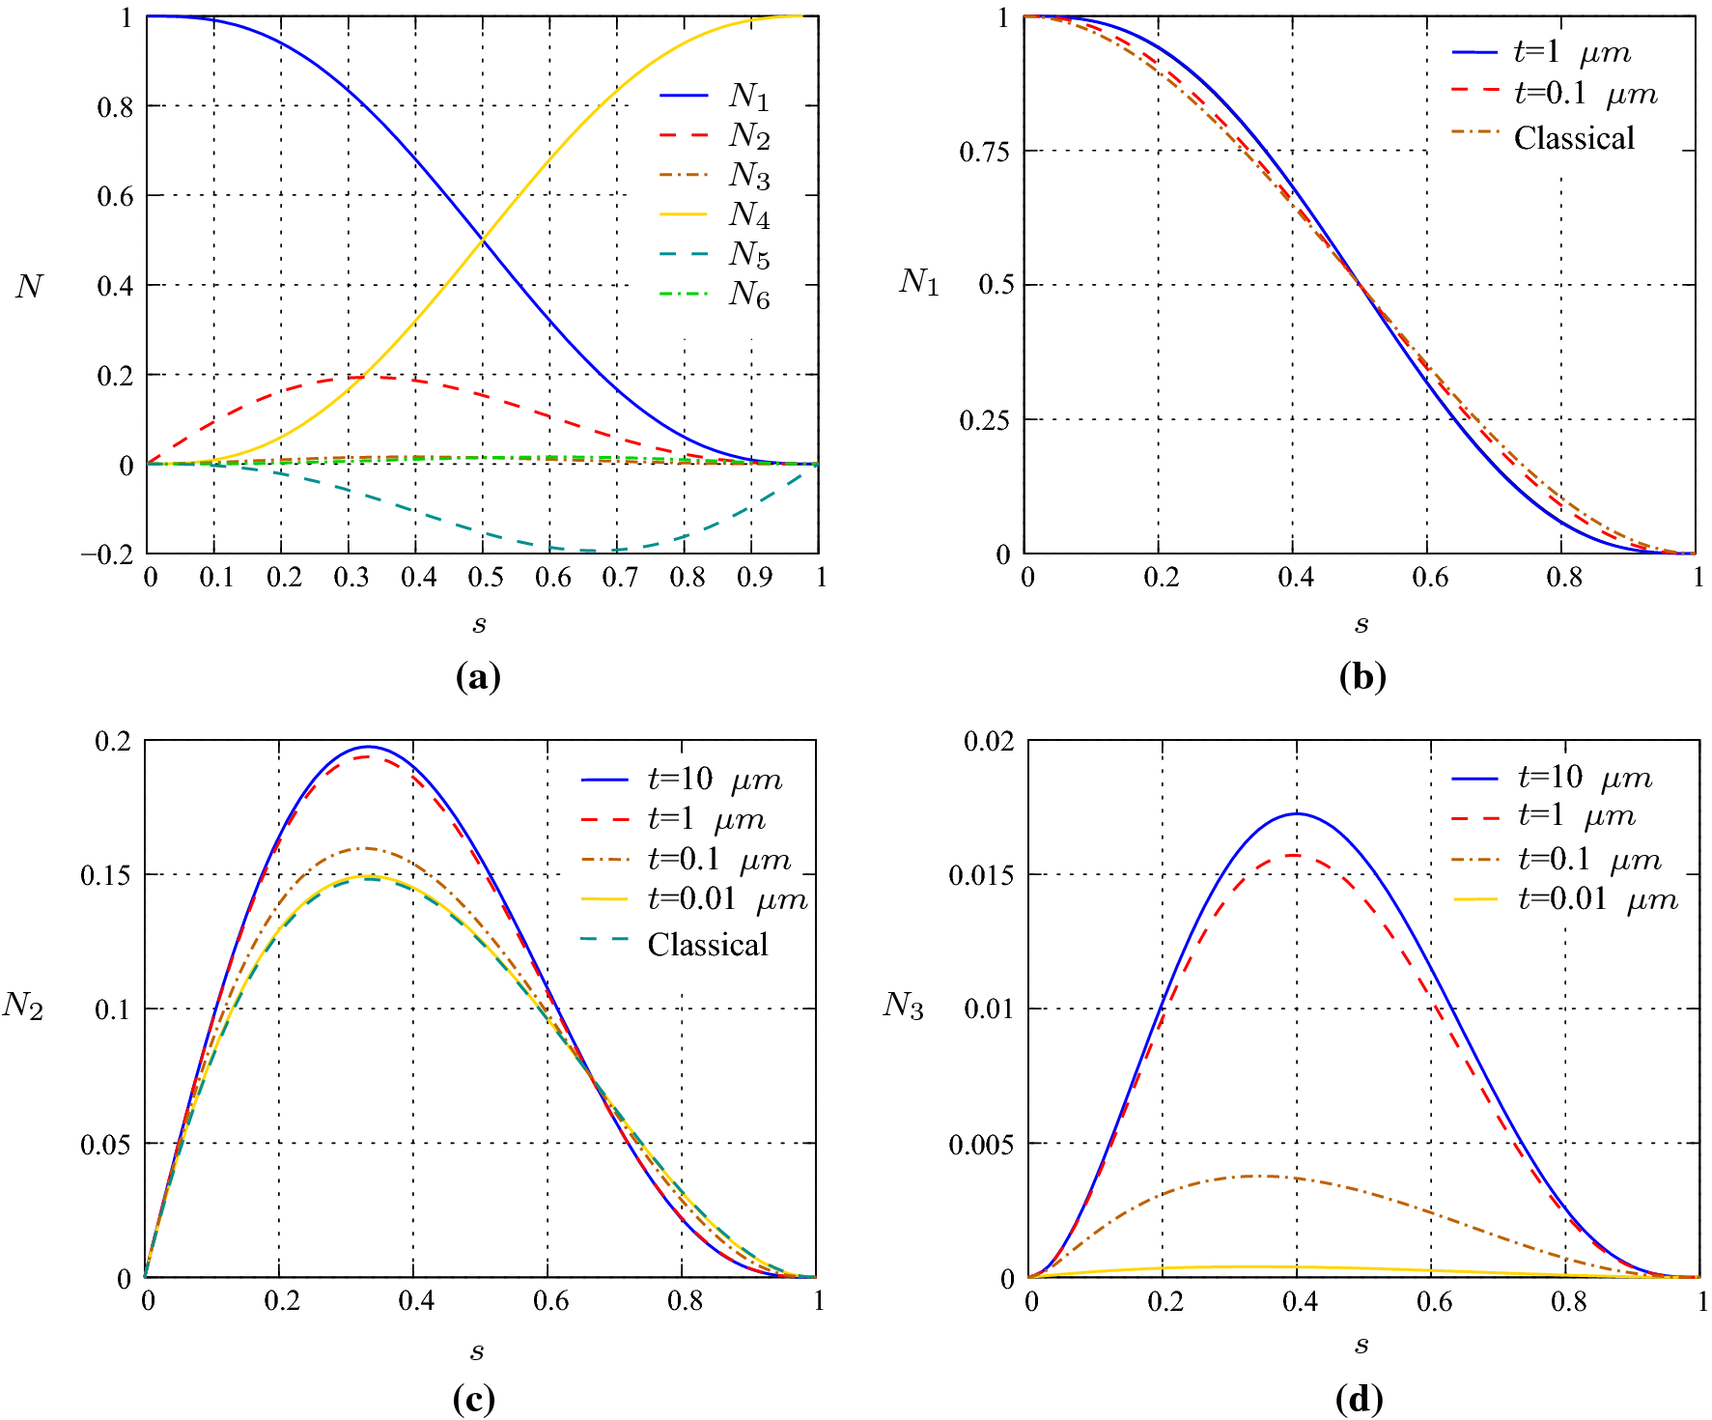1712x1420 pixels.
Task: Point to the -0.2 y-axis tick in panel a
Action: click(x=107, y=554)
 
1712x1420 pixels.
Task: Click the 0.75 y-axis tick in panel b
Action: click(x=985, y=152)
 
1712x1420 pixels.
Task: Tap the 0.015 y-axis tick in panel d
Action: click(x=982, y=875)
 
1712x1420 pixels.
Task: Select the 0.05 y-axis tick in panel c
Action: click(x=105, y=1145)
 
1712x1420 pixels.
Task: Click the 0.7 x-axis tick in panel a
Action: click(x=619, y=578)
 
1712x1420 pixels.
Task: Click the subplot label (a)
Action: click(x=478, y=676)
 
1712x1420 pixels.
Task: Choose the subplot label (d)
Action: click(x=1359, y=1399)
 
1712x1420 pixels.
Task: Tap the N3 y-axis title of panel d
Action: click(x=903, y=1006)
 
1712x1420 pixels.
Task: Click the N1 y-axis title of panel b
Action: click(x=918, y=281)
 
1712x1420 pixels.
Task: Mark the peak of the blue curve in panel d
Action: click(x=1297, y=813)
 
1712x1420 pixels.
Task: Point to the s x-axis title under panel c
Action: click(x=477, y=1350)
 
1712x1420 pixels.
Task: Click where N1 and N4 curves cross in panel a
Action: click(x=483, y=240)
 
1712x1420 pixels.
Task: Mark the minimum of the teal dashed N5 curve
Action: click(x=589, y=551)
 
